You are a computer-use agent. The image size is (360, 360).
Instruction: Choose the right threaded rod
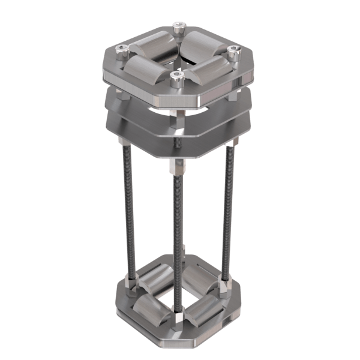(x=229, y=210)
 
